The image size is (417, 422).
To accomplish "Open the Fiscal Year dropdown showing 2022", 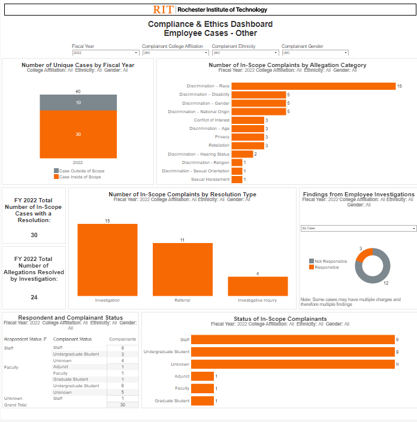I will click(105, 53).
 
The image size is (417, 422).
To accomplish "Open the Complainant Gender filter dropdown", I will click(315, 53).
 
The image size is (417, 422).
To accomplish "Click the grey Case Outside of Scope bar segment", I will click(78, 102).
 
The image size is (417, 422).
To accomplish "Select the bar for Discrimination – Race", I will click(313, 86).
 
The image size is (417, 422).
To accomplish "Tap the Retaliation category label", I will click(219, 145).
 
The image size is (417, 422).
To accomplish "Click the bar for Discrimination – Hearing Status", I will click(242, 154).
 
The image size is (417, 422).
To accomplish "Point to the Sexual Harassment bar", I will click(237, 180).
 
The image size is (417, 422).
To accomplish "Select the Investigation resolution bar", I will click(107, 259).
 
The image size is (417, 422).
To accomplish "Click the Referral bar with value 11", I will click(183, 269).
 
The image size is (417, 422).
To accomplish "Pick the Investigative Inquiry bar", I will click(258, 286).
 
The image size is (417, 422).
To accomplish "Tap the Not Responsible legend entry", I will click(327, 261).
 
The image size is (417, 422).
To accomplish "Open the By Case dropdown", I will click(358, 228).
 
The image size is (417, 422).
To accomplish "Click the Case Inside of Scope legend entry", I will click(80, 177).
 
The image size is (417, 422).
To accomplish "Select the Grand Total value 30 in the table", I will click(122, 405).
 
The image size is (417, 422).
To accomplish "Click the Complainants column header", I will click(122, 339).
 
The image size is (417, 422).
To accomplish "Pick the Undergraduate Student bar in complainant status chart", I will click(292, 352).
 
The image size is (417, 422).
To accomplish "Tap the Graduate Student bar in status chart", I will click(203, 400).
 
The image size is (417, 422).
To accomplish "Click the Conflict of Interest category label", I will click(211, 120).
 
